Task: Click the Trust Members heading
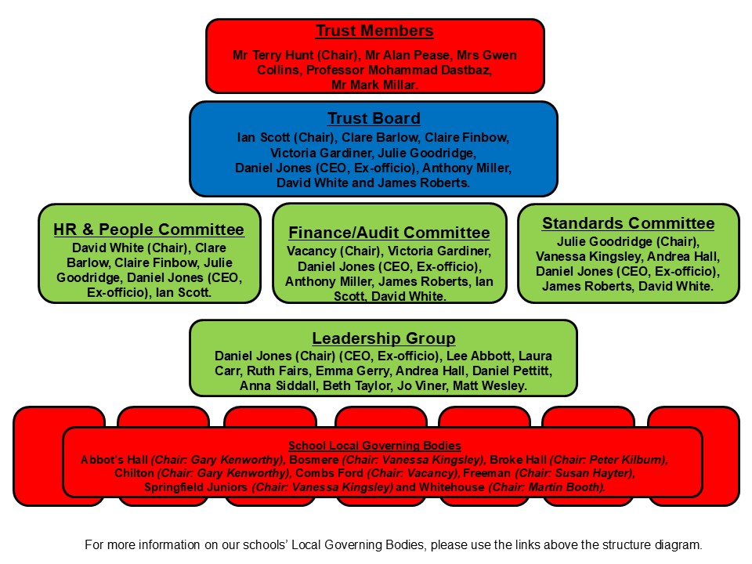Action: (x=374, y=32)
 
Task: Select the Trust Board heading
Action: (x=374, y=119)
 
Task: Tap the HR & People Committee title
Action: (x=149, y=230)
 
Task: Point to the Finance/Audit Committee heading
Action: (x=389, y=233)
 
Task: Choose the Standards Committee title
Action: (x=628, y=224)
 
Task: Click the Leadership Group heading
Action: (x=383, y=338)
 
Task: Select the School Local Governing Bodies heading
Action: (x=374, y=446)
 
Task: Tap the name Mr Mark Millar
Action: (x=374, y=84)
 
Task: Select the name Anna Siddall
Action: (x=248, y=386)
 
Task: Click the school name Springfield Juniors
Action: (x=196, y=487)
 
